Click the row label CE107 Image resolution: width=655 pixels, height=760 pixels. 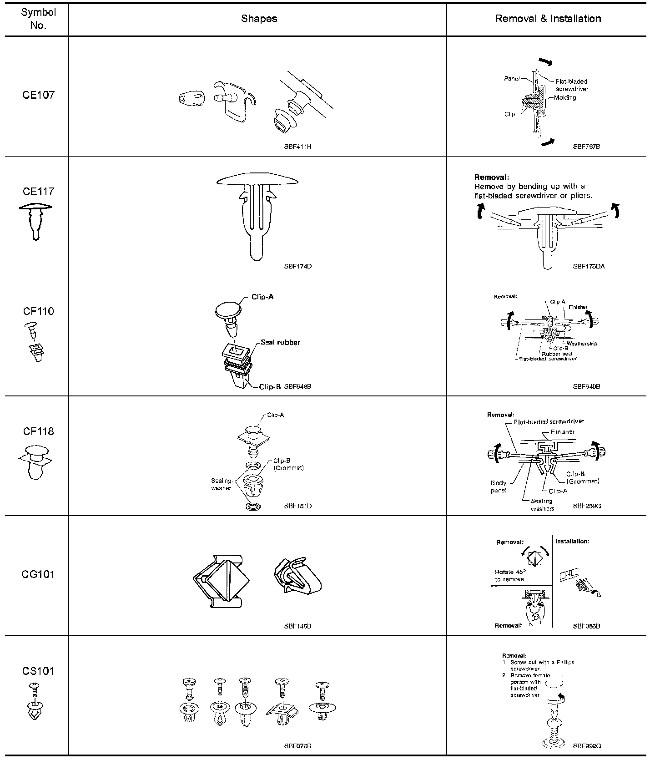38,95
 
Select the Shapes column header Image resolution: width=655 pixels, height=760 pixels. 259,19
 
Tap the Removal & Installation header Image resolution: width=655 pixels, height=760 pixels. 548,19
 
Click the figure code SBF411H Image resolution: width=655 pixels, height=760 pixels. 297,147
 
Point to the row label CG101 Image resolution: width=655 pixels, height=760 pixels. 38,574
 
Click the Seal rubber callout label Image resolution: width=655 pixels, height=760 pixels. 280,342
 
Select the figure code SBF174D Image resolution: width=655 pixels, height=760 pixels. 297,266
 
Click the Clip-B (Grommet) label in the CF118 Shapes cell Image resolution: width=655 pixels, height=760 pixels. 288,464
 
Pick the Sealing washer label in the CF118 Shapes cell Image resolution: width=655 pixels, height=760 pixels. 221,484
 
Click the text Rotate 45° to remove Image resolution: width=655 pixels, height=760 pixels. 510,575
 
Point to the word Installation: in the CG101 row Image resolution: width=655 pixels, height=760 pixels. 572,541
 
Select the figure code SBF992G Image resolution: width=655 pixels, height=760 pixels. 587,746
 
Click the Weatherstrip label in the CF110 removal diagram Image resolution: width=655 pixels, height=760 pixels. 582,344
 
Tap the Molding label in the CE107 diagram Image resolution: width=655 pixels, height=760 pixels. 565,97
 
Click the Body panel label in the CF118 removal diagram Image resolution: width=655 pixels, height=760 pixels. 499,486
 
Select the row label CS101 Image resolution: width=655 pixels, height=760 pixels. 38,671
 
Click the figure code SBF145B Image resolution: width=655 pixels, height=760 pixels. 297,626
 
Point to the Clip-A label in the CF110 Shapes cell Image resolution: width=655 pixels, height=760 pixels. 262,297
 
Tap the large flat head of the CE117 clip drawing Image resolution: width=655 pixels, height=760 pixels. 257,179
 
